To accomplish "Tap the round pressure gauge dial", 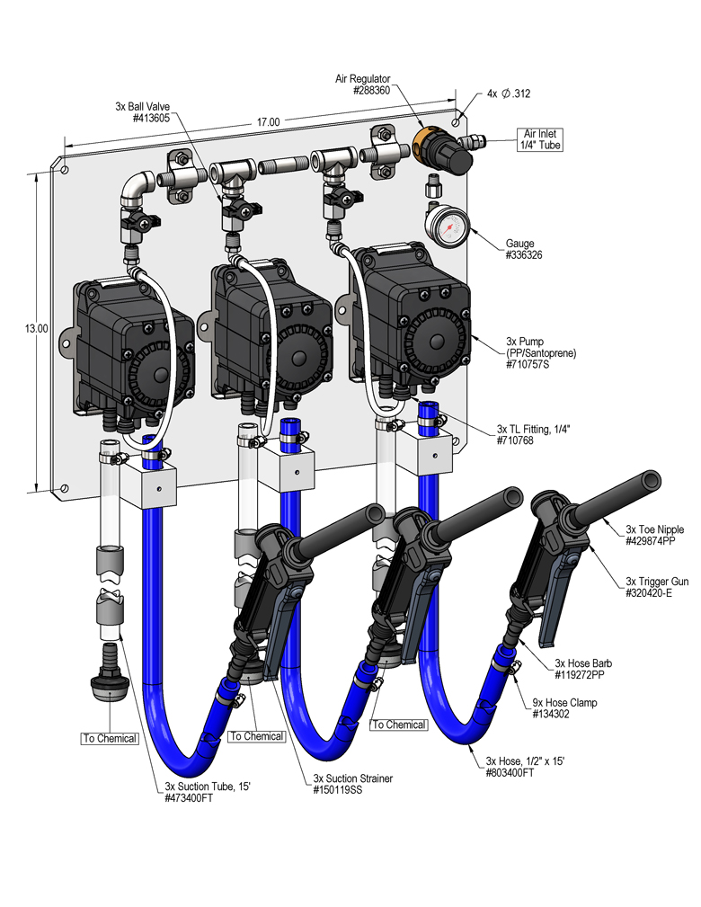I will click(448, 227).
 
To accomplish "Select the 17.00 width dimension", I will click(268, 122).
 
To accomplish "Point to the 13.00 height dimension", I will click(37, 330).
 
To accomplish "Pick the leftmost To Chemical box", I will click(110, 738).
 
